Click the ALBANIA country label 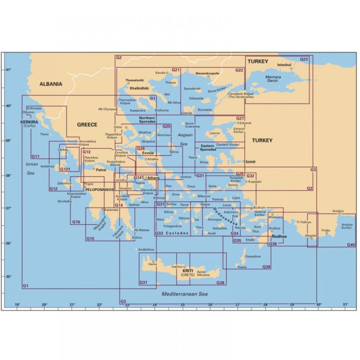click(x=51, y=84)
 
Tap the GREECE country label click(x=87, y=125)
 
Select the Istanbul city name click(x=285, y=65)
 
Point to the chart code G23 click(x=304, y=60)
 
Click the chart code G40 click(x=351, y=245)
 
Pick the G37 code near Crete click(x=143, y=283)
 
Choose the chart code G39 click(x=266, y=267)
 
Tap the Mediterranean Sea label click(x=183, y=294)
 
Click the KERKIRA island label click(x=29, y=121)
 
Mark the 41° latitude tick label click(x=8, y=70)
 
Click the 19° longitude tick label click(x=18, y=305)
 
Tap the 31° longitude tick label click(x=345, y=305)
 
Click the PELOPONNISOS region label click(x=99, y=190)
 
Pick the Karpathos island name click(x=253, y=257)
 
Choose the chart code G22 click(x=239, y=70)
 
